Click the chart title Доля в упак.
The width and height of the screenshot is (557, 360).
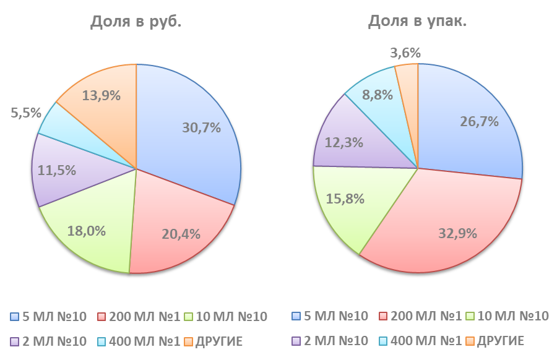(417, 22)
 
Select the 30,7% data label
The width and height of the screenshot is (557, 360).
(202, 127)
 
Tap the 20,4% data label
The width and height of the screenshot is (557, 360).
(180, 234)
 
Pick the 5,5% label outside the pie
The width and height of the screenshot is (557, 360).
(26, 113)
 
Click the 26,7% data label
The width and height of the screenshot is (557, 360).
(479, 121)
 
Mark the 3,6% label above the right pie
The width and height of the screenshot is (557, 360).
(406, 53)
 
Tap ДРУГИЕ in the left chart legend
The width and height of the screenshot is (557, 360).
(219, 341)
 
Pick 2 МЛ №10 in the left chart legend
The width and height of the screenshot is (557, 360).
(53, 341)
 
